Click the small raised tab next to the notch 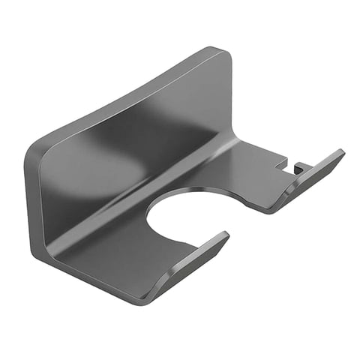[298, 167]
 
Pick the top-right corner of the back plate [222, 51]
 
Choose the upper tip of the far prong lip [341, 153]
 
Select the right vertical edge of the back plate [229, 97]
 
